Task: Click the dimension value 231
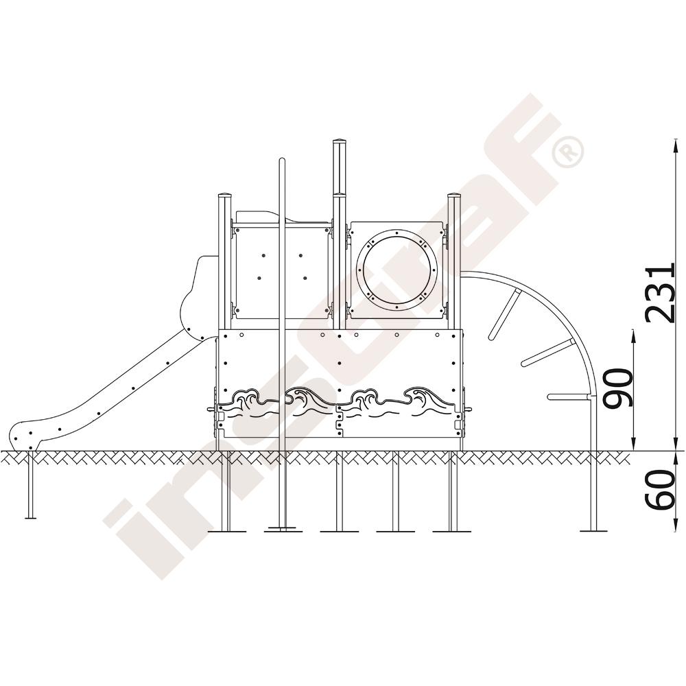pyautogui.click(x=660, y=293)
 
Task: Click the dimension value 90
pyautogui.click(x=617, y=388)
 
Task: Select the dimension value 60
pyautogui.click(x=660, y=490)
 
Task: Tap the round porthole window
pyautogui.click(x=397, y=270)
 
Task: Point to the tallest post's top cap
pyautogui.click(x=340, y=142)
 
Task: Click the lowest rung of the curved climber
pyautogui.click(x=569, y=397)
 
